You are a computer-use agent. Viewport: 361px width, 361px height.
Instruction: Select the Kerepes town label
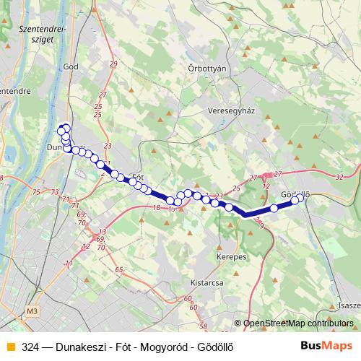point(232,256)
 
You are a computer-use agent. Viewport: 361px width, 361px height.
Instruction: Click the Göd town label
point(71,66)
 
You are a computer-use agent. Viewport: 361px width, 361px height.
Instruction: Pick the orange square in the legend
point(9,347)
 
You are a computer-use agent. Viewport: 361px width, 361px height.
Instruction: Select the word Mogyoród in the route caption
point(154,347)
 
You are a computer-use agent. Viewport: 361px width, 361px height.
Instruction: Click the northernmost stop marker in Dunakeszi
point(61,129)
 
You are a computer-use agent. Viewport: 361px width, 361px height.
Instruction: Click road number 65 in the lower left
point(118,269)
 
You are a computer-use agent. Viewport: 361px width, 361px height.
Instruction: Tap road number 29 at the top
point(113,65)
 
